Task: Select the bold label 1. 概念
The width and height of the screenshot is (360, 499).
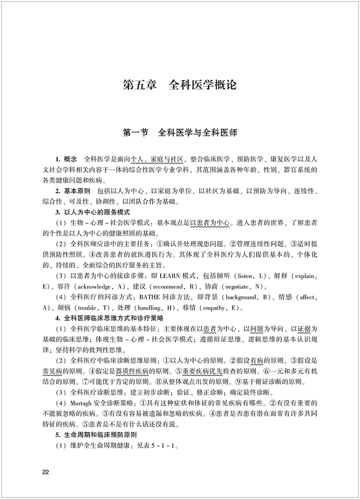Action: pyautogui.click(x=66, y=159)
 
